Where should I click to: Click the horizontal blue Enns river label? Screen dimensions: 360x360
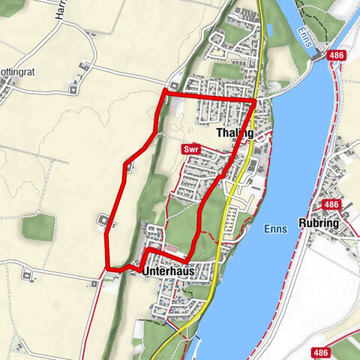click(x=275, y=230)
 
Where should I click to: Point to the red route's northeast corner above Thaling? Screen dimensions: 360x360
click(x=255, y=100)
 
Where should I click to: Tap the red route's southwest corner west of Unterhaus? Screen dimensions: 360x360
click(x=108, y=267)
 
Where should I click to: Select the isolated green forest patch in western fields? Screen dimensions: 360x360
click(x=37, y=227)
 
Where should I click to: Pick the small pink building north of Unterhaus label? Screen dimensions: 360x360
click(x=172, y=249)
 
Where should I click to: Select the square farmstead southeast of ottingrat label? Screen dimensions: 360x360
click(x=74, y=88)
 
